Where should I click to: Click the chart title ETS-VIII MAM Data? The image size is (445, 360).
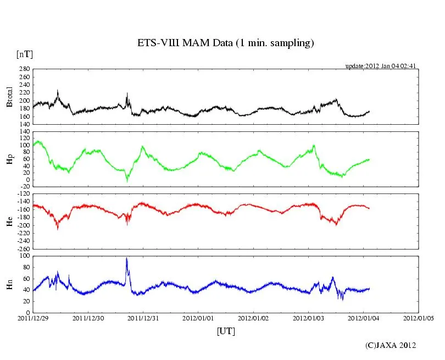coord(225,43)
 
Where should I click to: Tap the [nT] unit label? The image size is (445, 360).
coord(24,54)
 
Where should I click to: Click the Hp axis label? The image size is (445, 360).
coord(9,158)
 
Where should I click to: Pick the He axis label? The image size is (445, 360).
coord(9,221)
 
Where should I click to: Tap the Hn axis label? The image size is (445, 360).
coord(9,284)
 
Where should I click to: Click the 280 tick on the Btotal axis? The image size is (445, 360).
coord(24,69)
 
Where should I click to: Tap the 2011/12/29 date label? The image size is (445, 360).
coord(33,318)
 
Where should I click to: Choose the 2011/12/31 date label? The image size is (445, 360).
coord(143,318)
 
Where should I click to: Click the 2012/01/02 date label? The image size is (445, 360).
coord(253,318)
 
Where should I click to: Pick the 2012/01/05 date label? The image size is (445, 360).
coord(419,318)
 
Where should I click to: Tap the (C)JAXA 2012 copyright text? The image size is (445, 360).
coord(391,345)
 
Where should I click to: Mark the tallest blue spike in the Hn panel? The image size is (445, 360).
coord(127,258)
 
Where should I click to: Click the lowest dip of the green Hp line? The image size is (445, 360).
coord(127,181)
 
